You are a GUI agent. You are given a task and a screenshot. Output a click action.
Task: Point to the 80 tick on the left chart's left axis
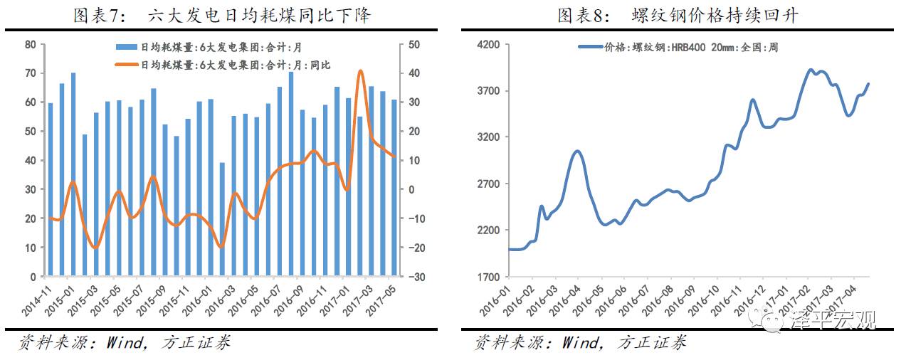[x=30, y=45]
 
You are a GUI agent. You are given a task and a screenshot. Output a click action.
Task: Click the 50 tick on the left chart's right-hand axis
[x=414, y=45]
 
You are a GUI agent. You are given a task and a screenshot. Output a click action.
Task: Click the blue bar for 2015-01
[x=73, y=174]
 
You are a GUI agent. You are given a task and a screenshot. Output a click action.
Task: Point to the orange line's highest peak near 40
[x=360, y=71]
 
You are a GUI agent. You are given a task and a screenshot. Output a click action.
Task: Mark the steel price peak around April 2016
[x=577, y=151]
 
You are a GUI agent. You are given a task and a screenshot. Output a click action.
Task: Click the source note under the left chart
[x=125, y=343]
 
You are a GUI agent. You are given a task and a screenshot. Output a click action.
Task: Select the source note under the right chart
[x=580, y=343]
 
